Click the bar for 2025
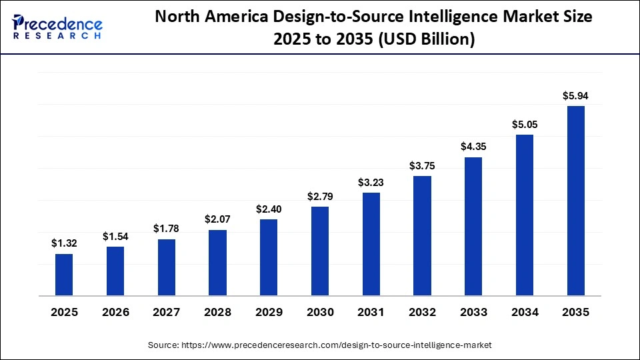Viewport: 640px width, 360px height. coord(64,275)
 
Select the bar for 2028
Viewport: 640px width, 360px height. coord(217,263)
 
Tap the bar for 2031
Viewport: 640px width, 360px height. coord(371,244)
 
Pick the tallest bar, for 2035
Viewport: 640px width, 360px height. coord(575,201)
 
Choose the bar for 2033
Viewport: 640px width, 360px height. coord(473,226)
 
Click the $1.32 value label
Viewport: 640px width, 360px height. coord(64,244)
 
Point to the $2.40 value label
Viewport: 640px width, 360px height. coord(269,209)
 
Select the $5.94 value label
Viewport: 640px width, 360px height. coord(575,96)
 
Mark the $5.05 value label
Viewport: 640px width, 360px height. coord(524,124)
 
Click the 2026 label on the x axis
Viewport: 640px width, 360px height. coord(115,312)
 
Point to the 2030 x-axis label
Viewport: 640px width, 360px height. coord(320,312)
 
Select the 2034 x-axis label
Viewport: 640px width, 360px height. coord(524,312)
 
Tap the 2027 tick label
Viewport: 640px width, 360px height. coord(167,312)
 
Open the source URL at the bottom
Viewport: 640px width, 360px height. coord(340,345)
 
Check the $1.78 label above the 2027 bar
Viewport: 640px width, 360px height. coord(167,229)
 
